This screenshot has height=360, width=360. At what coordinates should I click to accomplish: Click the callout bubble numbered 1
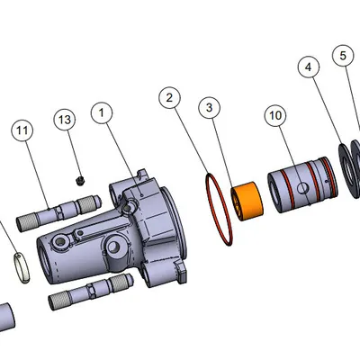pos(103,113)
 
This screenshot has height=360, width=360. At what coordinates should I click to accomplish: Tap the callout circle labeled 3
pos(209,108)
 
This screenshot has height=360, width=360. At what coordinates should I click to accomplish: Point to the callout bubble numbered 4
pos(309,67)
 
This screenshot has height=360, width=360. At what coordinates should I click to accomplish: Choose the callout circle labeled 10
pos(276,115)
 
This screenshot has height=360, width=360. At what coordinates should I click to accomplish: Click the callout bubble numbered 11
pos(22,130)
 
